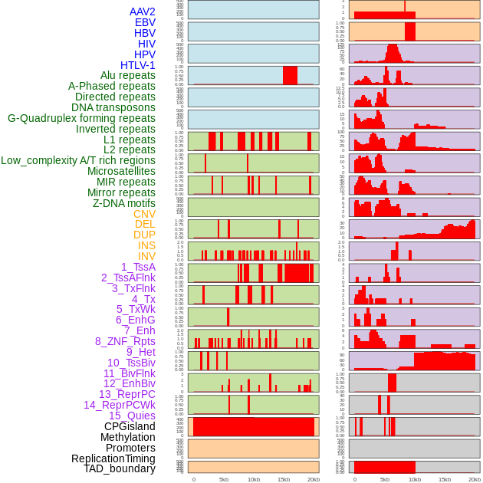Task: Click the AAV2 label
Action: coord(142,11)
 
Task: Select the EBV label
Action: coord(145,22)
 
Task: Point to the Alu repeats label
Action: coord(127,75)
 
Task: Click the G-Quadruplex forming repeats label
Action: coord(81,118)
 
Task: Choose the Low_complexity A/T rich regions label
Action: coord(78,160)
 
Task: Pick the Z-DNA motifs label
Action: coord(123,203)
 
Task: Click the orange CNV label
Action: coord(144,214)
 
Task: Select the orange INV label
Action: coord(146,256)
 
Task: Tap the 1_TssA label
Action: coord(138,267)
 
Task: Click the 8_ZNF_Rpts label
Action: coord(125,341)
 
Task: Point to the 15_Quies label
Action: coord(132,416)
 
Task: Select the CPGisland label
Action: coord(130,426)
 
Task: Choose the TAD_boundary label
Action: coord(119,468)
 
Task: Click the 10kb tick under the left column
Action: coord(254,479)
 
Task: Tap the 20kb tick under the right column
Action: coord(475,479)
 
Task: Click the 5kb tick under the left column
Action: coord(224,479)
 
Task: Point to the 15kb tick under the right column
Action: coord(445,479)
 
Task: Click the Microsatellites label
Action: coord(121,171)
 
